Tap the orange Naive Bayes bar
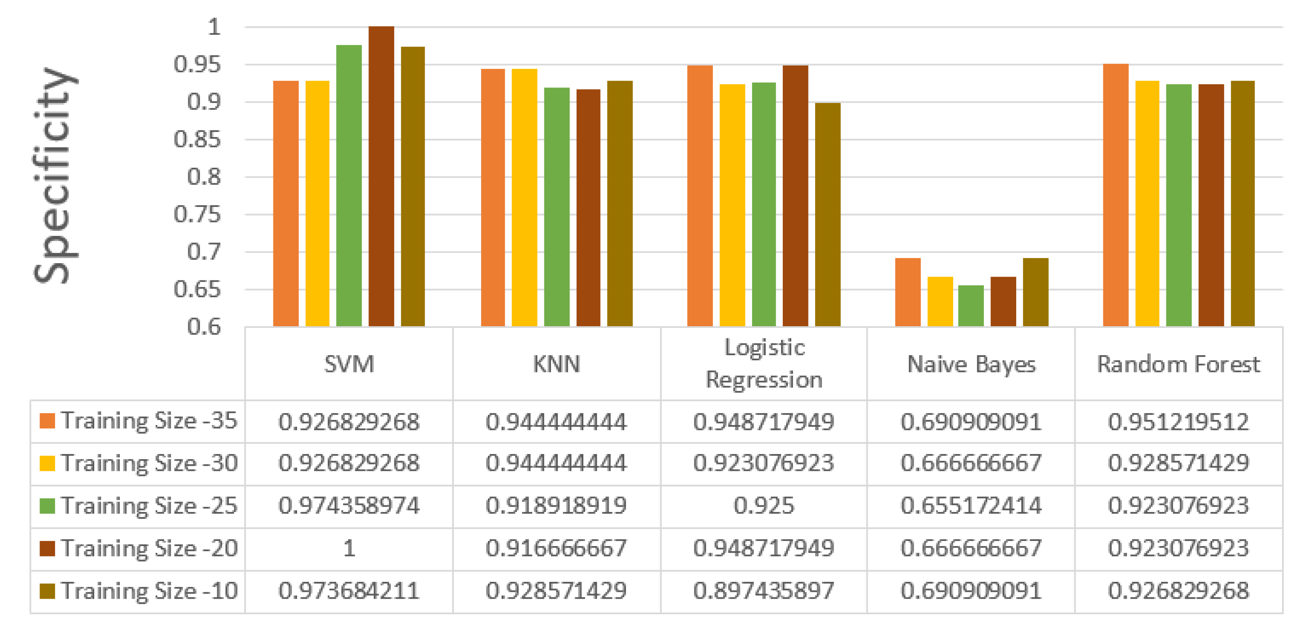[908, 292]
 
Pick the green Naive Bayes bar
[971, 306]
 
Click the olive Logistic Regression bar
[827, 214]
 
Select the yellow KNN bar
[524, 198]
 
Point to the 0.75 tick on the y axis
[197, 214]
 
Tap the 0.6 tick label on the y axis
[204, 327]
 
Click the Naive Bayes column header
[971, 364]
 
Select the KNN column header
[556, 364]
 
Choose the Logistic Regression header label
[763, 364]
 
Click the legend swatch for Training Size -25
[47, 506]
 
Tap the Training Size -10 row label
[149, 591]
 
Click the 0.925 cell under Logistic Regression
[763, 506]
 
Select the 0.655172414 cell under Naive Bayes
[971, 506]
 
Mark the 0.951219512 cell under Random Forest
[1178, 422]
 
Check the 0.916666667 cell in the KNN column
[556, 549]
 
